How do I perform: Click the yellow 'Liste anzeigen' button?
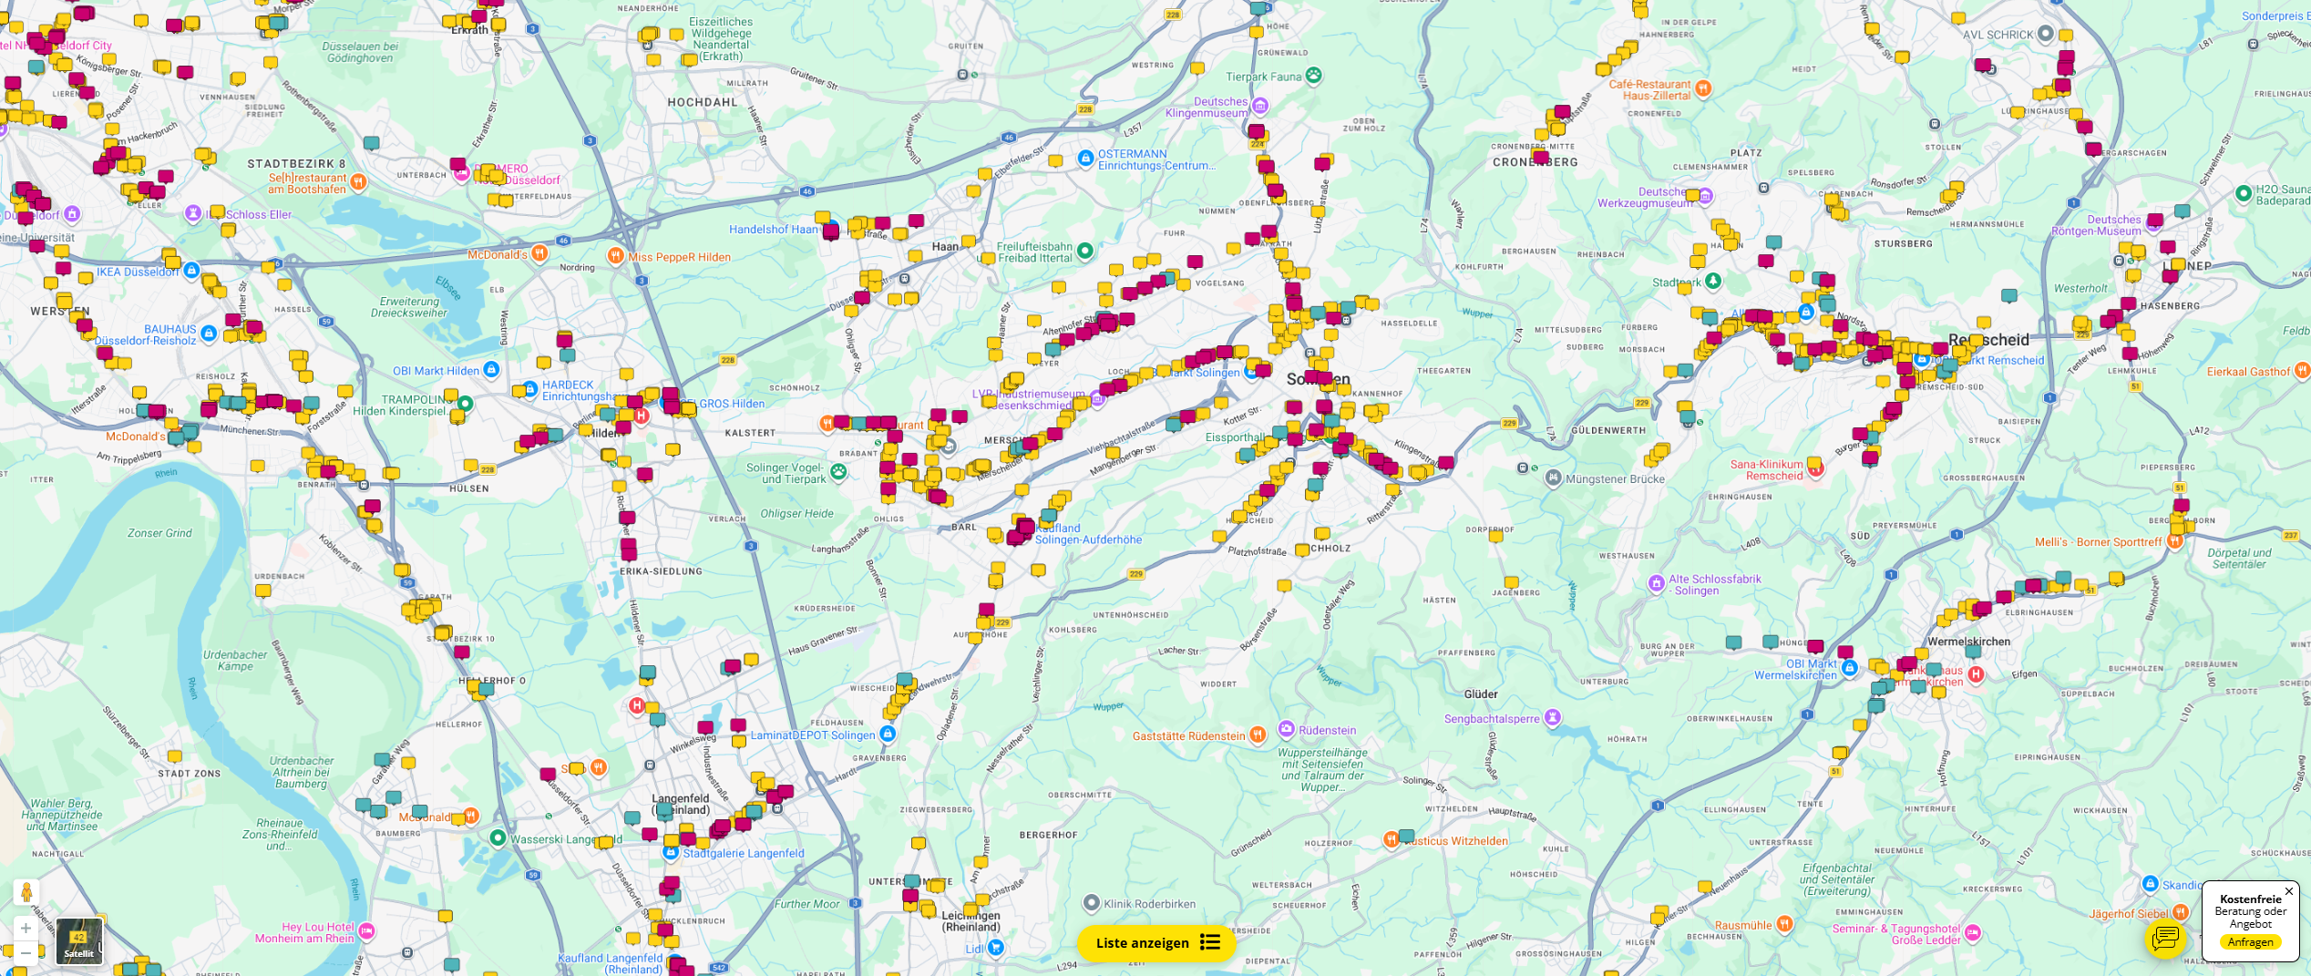tap(1155, 943)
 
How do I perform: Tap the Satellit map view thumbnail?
tap(79, 940)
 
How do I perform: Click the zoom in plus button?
tap(26, 929)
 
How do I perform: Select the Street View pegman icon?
tap(26, 892)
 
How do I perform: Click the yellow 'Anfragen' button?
tap(2250, 942)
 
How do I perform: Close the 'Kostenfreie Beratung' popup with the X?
tap(2288, 891)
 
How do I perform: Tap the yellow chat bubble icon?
tap(2164, 938)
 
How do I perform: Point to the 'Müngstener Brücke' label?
tap(1614, 479)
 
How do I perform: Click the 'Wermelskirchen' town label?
tap(1968, 642)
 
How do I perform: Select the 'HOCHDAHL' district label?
tap(703, 102)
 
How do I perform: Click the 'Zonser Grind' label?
tap(159, 533)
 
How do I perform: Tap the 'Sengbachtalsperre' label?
tap(1491, 719)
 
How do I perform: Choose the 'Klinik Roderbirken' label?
tap(1149, 904)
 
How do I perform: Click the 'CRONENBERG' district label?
tap(1535, 162)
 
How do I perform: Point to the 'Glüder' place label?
tap(1481, 694)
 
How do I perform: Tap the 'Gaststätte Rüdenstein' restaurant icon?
tap(1258, 735)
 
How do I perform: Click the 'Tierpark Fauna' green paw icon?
tap(1313, 76)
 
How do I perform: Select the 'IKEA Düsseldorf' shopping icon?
tap(191, 271)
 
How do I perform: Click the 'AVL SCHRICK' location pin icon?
tap(2045, 35)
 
